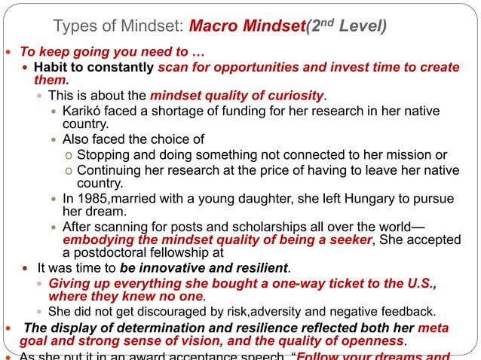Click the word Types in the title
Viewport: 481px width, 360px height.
tap(77, 28)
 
